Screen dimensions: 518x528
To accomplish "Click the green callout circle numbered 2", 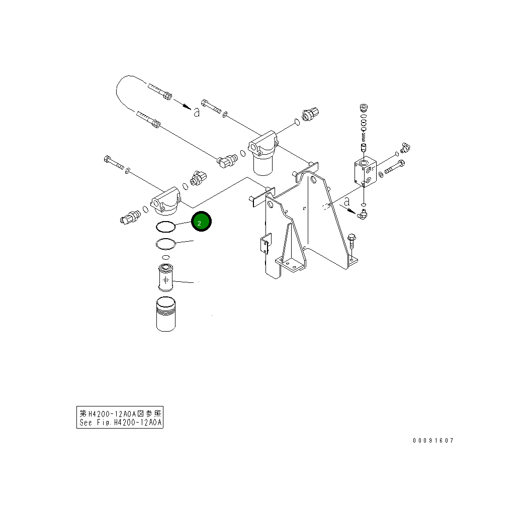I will pyautogui.click(x=201, y=222).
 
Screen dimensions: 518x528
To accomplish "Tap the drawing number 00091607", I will pyautogui.click(x=433, y=441).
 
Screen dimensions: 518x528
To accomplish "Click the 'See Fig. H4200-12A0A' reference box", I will pyautogui.click(x=120, y=418).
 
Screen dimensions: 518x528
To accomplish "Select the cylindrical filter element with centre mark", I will pyautogui.click(x=165, y=277).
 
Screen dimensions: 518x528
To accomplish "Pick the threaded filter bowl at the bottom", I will pyautogui.click(x=165, y=315).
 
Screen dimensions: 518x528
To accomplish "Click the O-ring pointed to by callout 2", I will pyautogui.click(x=165, y=227).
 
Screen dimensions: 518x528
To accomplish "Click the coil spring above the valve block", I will pyautogui.click(x=364, y=135).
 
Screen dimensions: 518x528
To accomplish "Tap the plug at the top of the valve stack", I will pyautogui.click(x=364, y=108).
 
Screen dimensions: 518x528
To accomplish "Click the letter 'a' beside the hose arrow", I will pyautogui.click(x=197, y=112).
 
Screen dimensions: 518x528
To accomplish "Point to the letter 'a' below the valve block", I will pyautogui.click(x=347, y=202).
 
